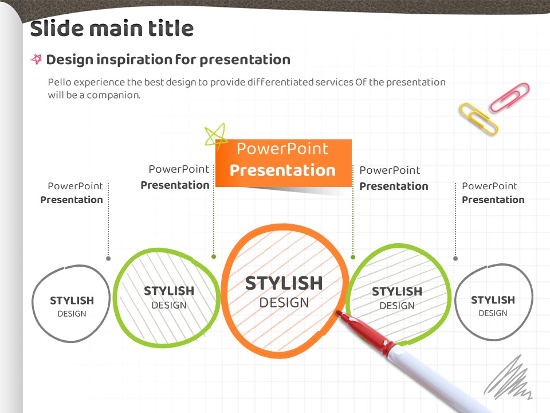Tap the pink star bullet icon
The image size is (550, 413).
point(36,59)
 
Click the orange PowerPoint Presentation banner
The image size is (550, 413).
point(284,163)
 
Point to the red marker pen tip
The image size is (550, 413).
point(339,312)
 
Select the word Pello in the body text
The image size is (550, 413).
point(59,82)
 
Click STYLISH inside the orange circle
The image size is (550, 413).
point(284,283)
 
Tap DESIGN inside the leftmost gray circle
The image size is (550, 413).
point(72,314)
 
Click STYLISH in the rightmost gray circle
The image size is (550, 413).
point(493,300)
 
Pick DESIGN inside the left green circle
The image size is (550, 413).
point(168,305)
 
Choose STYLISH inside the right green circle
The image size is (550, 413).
point(396,291)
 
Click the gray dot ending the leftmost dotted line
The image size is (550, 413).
point(108,259)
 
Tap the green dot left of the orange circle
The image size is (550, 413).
point(214,257)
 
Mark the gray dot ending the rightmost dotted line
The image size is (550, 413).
point(455,259)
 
